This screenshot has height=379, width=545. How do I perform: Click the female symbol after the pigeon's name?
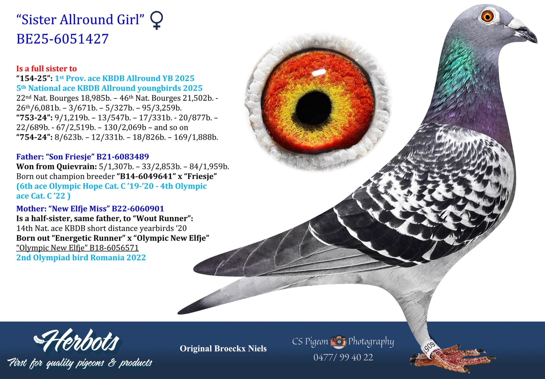pos(157,20)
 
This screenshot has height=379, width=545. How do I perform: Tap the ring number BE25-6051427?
pos(62,39)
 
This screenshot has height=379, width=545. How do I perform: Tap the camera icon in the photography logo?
pos(338,342)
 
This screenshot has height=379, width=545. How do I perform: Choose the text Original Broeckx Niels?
pos(223,349)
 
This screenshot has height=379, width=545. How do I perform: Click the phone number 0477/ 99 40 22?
pos(343,357)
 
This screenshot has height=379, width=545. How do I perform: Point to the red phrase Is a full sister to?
pos(47,69)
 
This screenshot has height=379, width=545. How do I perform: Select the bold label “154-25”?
pos(34,78)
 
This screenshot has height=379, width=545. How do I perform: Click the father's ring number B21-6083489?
pos(123,156)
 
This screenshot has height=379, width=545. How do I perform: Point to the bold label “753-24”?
pos(34,118)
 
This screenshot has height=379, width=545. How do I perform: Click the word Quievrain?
pos(77,166)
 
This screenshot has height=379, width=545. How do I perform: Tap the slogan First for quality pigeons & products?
pos(80,363)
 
